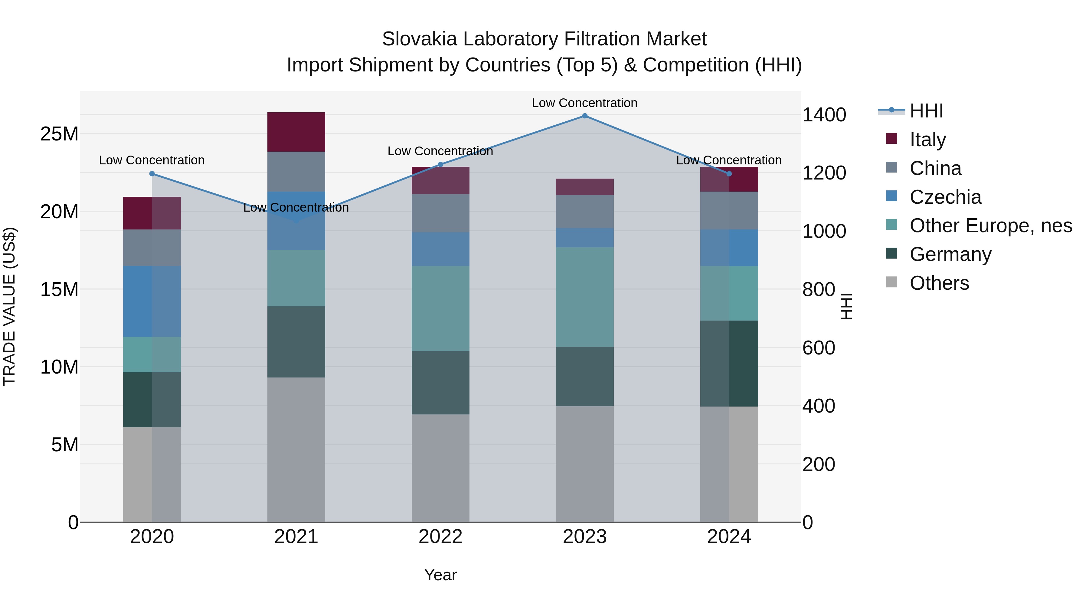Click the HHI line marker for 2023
pos(585,116)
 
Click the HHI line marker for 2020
pos(152,174)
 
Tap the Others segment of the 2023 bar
pos(585,464)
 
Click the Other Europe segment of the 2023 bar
pos(585,297)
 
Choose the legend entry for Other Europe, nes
pos(990,226)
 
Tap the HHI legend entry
pos(926,111)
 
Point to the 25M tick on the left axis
pos(59,134)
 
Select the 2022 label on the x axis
pos(440,537)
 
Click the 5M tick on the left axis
pos(65,445)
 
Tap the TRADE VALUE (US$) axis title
pos(9,306)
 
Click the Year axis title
pos(440,575)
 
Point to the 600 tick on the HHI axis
pos(819,348)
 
